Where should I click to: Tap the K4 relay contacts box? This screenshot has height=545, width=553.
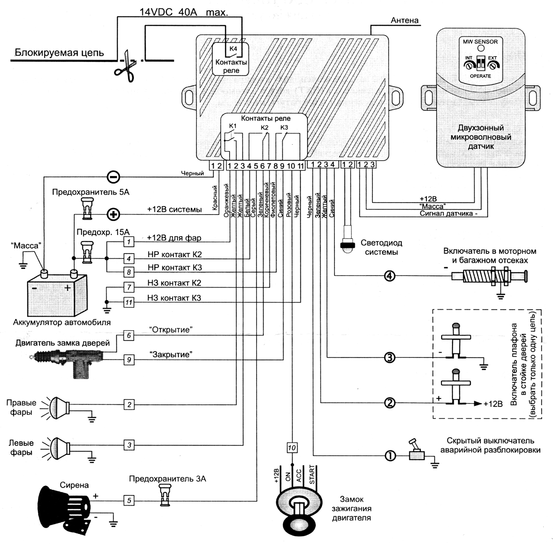point(231,59)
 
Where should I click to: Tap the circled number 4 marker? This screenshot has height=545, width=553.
point(389,276)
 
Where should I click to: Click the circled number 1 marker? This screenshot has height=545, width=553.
point(390,455)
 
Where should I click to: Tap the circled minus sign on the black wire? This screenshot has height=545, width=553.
point(113,177)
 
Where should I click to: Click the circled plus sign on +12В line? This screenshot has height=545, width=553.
point(114,215)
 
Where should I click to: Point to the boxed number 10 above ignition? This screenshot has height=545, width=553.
point(292,448)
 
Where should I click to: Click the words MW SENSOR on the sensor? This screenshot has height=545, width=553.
point(480,42)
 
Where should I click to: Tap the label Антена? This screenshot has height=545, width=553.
point(404,20)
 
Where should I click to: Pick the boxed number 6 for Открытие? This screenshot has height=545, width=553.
point(129,335)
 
